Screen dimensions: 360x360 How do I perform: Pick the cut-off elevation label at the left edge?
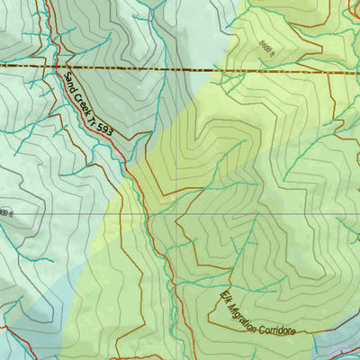click(x=4, y=212)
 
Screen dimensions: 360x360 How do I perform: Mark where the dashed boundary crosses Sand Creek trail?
click(x=56, y=67)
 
